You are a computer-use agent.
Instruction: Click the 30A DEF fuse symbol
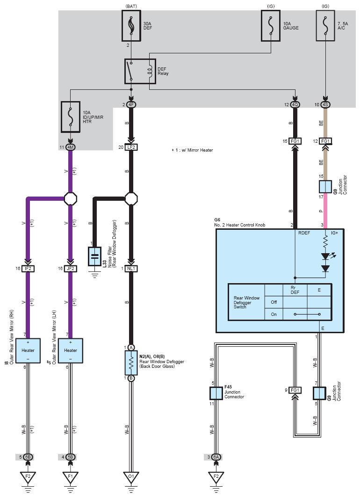tap(131, 27)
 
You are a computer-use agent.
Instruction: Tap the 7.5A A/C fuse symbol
tap(325, 27)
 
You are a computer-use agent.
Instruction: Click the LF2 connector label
tap(131, 147)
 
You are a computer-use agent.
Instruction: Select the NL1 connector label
tap(131, 269)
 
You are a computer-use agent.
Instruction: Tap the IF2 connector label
tap(28, 269)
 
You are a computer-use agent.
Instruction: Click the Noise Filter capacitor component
tap(95, 256)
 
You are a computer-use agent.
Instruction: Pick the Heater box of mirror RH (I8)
tap(28, 350)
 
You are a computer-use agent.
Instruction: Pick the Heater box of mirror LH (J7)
tap(70, 350)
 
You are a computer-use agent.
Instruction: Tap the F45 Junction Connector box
tap(216, 393)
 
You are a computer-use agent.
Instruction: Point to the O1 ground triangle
tap(131, 477)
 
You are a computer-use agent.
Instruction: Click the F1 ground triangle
tap(70, 477)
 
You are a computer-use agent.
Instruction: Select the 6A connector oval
tap(216, 457)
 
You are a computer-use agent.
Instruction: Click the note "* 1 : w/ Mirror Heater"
tap(193, 151)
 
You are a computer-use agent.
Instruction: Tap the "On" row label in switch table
tap(274, 314)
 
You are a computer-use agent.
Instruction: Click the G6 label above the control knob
tap(217, 219)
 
